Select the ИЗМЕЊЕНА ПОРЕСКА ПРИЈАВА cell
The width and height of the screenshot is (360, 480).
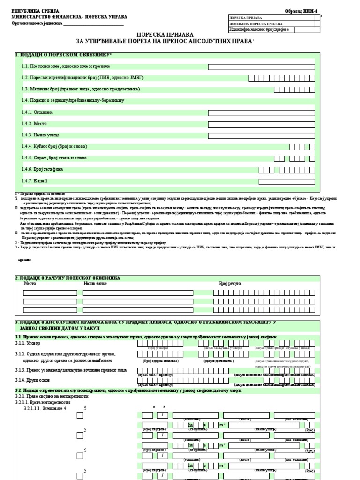click(x=255, y=23)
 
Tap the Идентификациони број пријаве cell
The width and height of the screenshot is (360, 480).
click(x=255, y=30)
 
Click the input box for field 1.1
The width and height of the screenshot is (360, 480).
click(x=262, y=67)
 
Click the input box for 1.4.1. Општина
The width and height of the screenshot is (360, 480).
click(x=262, y=112)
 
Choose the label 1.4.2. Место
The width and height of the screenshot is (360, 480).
click(x=34, y=124)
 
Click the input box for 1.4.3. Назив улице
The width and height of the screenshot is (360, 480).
click(x=262, y=135)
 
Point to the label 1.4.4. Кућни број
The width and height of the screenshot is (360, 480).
click(x=54, y=147)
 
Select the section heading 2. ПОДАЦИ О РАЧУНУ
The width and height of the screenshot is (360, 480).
click(x=68, y=278)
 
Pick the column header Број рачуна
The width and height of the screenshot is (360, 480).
click(x=230, y=284)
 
